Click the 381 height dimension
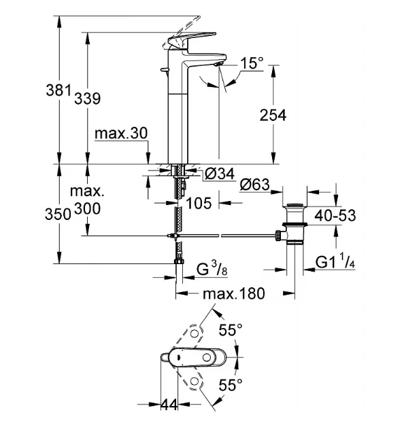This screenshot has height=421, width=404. tap(59, 90)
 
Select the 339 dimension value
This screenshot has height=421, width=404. tap(88, 98)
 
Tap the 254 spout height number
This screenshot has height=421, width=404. tap(273, 115)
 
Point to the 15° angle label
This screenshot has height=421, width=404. tap(252, 63)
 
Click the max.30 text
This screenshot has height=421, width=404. tap(121, 133)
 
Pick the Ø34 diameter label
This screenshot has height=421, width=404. tap(220, 174)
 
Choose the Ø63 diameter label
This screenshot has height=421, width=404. tap(254, 185)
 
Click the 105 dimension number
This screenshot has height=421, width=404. tap(199, 203)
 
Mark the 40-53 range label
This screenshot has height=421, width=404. tap(335, 215)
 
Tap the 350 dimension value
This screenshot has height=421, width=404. tap(58, 214)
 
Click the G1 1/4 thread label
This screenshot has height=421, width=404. tap(335, 262)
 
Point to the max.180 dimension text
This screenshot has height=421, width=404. tap(234, 293)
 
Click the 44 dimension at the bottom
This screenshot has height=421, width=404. tap(169, 405)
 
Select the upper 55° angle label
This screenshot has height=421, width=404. tap(231, 329)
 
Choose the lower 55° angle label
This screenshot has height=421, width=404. tap(231, 385)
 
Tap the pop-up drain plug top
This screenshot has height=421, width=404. tap(294, 206)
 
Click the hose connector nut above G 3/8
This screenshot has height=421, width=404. tap(179, 261)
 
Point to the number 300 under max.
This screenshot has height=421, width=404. tap(88, 208)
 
